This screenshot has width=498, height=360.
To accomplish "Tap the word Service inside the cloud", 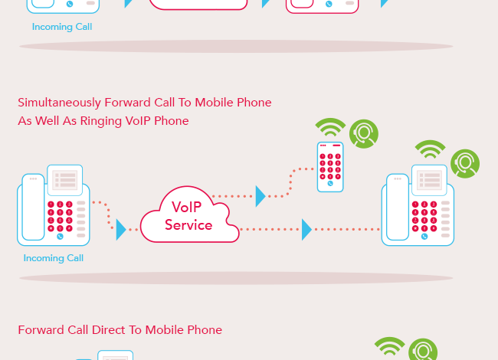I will pos(188,225).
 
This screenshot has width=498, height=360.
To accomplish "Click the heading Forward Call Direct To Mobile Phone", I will pos(120,330).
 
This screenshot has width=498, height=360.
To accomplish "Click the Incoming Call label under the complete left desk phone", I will pos(53,258).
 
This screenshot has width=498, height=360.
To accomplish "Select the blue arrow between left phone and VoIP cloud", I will pos(120,229).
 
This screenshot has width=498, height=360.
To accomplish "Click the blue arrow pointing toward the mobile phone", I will pos(260,196).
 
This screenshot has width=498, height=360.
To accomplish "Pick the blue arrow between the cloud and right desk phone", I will pos(306,229).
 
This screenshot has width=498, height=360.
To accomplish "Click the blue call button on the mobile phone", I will pos(329,184).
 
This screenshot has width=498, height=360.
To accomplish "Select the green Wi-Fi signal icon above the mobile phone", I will pos(330,128).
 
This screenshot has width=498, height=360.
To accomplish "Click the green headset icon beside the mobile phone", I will pos(363,133).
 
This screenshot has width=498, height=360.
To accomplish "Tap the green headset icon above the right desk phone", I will pos(464,162).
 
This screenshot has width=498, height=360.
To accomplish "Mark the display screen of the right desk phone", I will pos(431,180).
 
